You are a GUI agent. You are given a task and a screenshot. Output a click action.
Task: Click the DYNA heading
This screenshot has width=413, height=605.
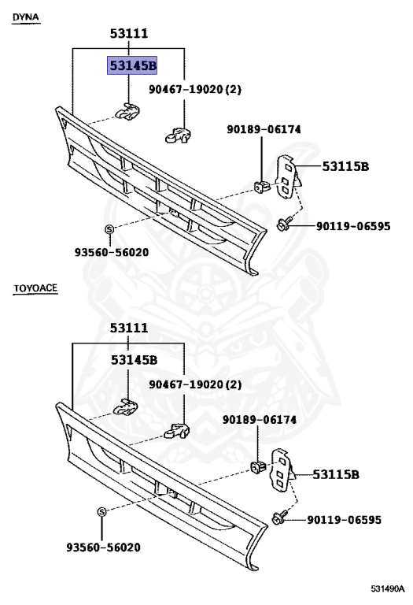tap(26, 17)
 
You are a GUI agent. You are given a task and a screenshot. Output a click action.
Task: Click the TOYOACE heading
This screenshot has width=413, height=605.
tap(35, 289)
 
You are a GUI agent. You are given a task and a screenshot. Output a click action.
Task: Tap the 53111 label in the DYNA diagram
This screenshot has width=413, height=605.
tap(129, 33)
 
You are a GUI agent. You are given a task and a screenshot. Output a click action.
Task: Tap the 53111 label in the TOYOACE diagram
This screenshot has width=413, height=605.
tap(129, 327)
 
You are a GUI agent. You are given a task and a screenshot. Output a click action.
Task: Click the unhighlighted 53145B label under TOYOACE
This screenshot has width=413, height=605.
tap(133, 360)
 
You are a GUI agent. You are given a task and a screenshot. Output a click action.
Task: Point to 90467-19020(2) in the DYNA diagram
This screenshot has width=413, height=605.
tap(195, 90)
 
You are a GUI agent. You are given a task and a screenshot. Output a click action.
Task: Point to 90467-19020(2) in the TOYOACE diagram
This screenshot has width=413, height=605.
tap(195, 384)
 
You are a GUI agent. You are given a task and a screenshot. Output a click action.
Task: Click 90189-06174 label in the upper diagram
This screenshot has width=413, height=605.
tap(264, 129)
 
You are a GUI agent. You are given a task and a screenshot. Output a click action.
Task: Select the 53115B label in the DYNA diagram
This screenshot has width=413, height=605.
tap(346, 166)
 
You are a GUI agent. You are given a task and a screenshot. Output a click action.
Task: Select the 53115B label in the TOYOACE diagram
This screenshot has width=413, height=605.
tap(337, 474)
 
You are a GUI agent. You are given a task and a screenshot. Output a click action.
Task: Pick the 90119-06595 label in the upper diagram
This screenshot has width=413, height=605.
tap(353, 226)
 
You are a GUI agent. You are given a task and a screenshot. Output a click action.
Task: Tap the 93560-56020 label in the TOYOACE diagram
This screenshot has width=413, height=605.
tap(108, 546)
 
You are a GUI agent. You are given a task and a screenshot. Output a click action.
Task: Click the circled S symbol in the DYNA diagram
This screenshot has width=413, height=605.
tap(109, 229)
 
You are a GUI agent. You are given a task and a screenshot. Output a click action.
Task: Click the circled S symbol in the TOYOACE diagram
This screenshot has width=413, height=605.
tap(102, 512)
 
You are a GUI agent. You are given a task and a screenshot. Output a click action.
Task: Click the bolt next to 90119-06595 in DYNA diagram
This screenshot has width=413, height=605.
tap(283, 225)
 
